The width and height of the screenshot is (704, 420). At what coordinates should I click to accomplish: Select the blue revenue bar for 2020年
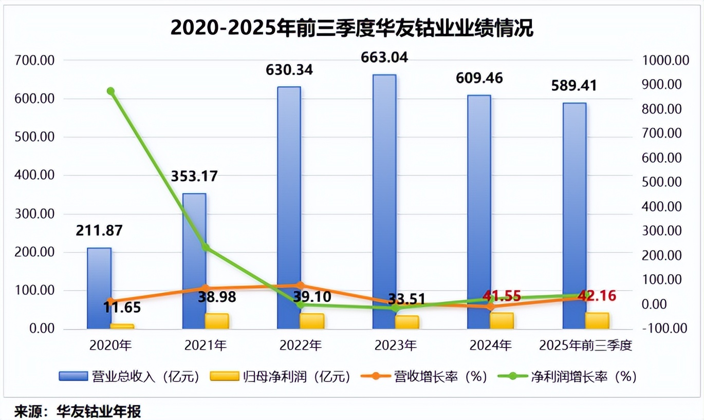pos(99,288)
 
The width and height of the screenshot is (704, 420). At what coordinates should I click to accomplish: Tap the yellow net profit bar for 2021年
pos(217,321)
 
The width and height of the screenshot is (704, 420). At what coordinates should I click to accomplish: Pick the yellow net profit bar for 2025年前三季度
pos(597,320)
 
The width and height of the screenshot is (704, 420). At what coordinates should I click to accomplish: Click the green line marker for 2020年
pos(110,91)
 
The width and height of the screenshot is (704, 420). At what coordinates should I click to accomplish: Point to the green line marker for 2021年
pos(206,247)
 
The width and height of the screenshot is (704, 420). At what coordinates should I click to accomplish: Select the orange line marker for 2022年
pos(301,285)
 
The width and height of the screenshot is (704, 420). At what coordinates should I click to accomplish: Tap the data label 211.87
pos(99,231)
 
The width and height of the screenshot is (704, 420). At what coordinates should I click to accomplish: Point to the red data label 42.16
pos(597,296)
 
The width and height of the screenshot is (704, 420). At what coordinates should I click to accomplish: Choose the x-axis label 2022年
pos(301,346)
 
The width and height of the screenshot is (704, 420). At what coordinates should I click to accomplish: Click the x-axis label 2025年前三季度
pos(585,346)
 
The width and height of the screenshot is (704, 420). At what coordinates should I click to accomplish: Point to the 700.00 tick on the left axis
pos(34,61)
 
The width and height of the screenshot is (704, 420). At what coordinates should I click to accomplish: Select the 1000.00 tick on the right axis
pos(665,61)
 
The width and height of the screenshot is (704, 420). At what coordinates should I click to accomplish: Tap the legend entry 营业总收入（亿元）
pos(128,377)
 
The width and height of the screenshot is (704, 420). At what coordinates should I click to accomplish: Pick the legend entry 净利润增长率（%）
pos(567,377)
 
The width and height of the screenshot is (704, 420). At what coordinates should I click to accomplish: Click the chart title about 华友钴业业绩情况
pos(351,28)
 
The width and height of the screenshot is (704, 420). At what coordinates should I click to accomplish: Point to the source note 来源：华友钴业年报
pos(77,411)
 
